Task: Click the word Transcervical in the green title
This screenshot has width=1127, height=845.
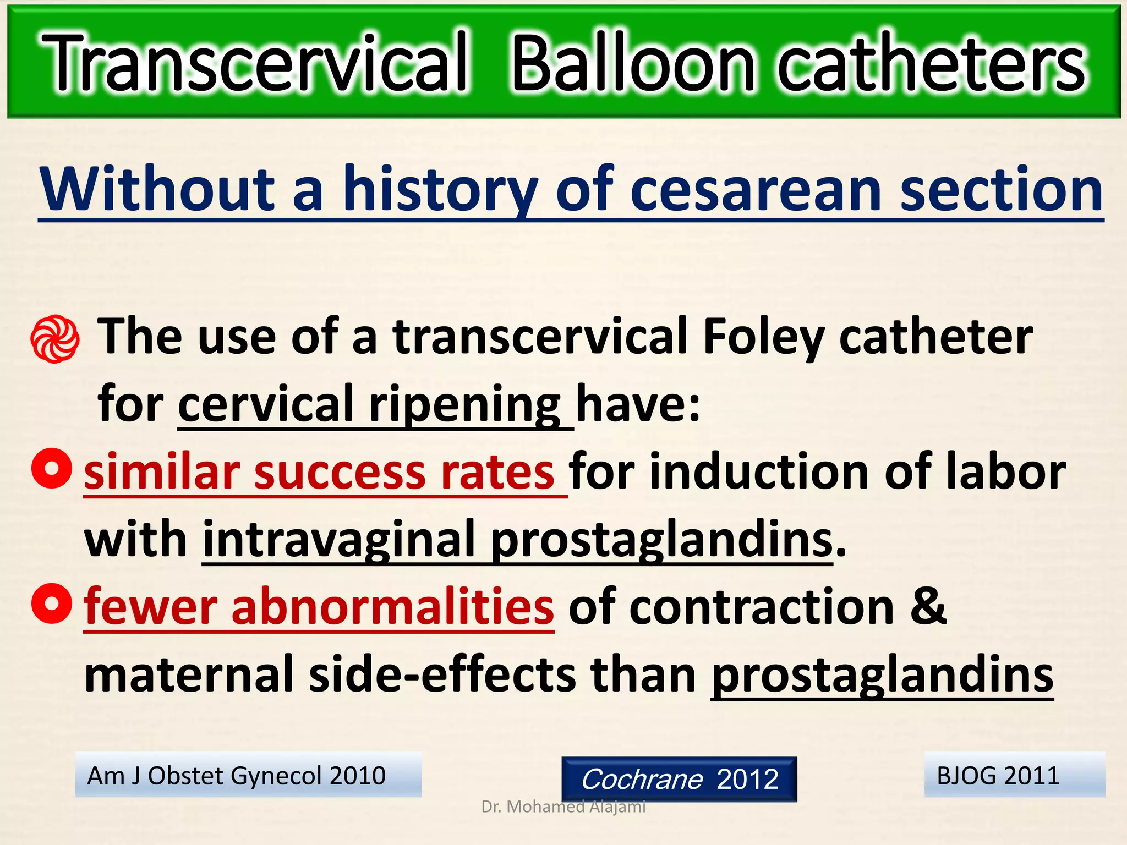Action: click(x=256, y=63)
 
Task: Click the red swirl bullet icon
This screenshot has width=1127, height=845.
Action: click(x=54, y=339)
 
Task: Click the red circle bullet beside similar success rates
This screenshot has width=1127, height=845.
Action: click(x=52, y=468)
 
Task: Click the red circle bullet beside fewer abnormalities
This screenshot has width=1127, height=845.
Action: click(x=52, y=603)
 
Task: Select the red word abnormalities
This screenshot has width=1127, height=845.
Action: click(x=392, y=607)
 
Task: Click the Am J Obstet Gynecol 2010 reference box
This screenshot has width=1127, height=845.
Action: click(x=248, y=775)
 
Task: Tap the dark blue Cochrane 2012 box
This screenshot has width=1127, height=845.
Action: click(x=679, y=779)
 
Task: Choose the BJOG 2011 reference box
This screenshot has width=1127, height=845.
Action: click(x=1014, y=775)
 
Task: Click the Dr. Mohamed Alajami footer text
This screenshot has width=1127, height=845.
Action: click(x=563, y=807)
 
